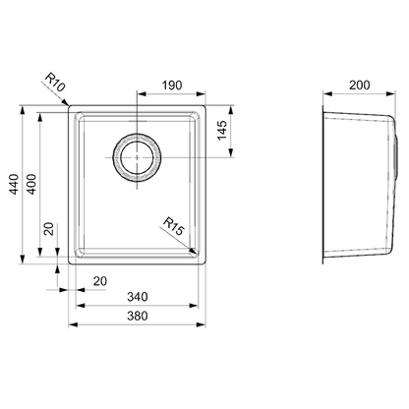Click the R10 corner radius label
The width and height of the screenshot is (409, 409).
(55, 83)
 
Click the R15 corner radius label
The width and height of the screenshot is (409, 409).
(173, 226)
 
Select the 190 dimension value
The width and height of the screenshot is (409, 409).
(172, 86)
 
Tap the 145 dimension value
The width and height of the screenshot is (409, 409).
(222, 130)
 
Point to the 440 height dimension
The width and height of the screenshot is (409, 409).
(14, 184)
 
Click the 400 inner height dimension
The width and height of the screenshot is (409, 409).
(31, 184)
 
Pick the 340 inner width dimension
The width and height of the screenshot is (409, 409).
(138, 297)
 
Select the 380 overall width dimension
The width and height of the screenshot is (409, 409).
(138, 316)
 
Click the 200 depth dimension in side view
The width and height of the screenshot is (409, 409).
(360, 86)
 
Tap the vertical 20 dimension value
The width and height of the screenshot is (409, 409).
(49, 229)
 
